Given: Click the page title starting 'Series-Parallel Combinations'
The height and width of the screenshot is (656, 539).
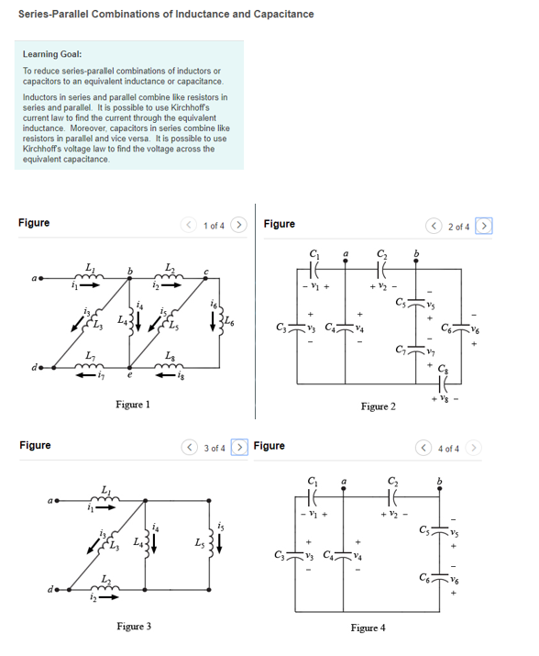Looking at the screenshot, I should click(x=166, y=14).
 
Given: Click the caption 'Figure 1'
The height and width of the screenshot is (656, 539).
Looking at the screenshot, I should click(x=134, y=405).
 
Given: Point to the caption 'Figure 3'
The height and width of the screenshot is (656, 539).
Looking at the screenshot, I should click(x=134, y=626).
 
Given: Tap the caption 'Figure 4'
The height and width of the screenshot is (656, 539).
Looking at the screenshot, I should click(x=367, y=628).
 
